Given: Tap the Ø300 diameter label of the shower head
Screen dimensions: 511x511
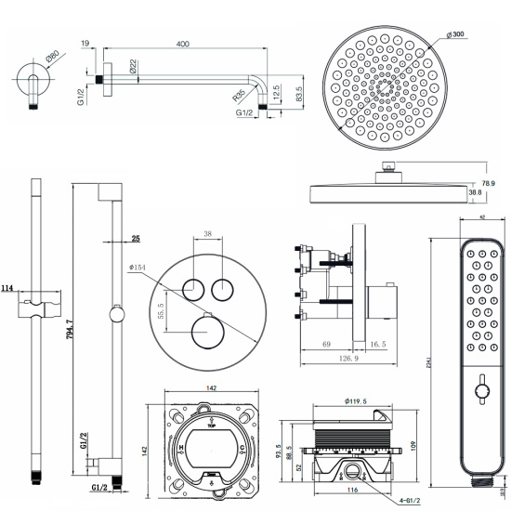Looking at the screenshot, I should click(x=455, y=35).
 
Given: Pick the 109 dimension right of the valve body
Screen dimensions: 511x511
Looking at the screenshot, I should click(x=413, y=445).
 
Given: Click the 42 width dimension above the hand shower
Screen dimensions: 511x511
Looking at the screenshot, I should click(x=480, y=216).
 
